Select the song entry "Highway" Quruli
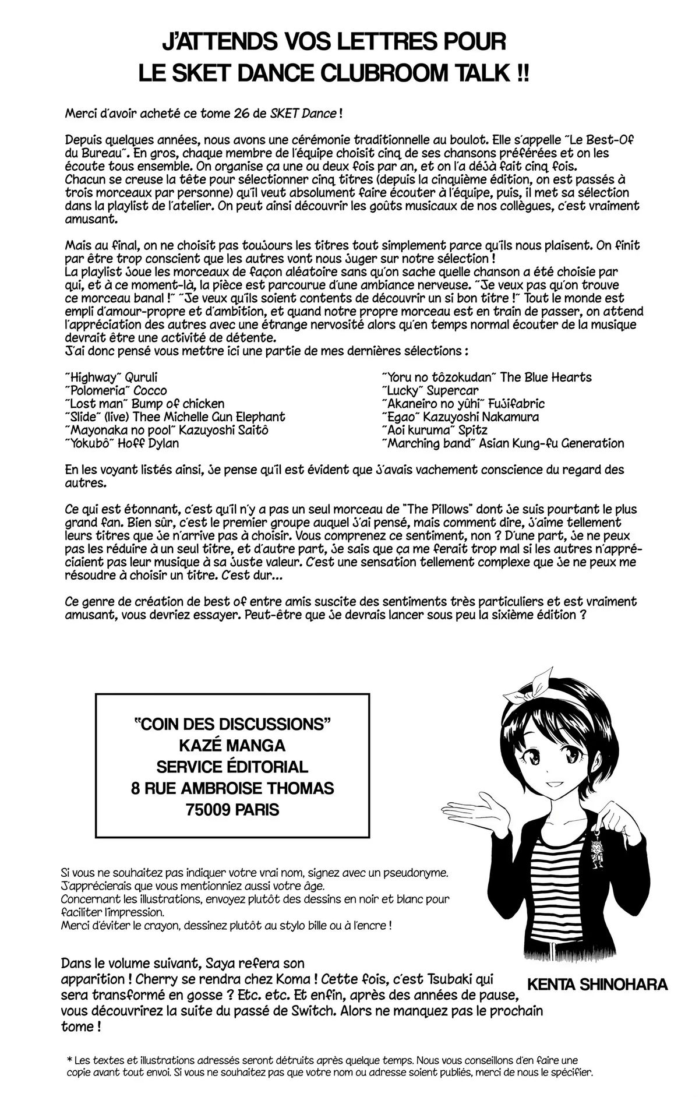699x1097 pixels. point(111,378)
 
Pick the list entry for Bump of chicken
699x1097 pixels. point(144,404)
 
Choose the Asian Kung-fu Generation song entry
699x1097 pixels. point(503,443)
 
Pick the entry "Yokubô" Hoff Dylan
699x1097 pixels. point(122,443)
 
